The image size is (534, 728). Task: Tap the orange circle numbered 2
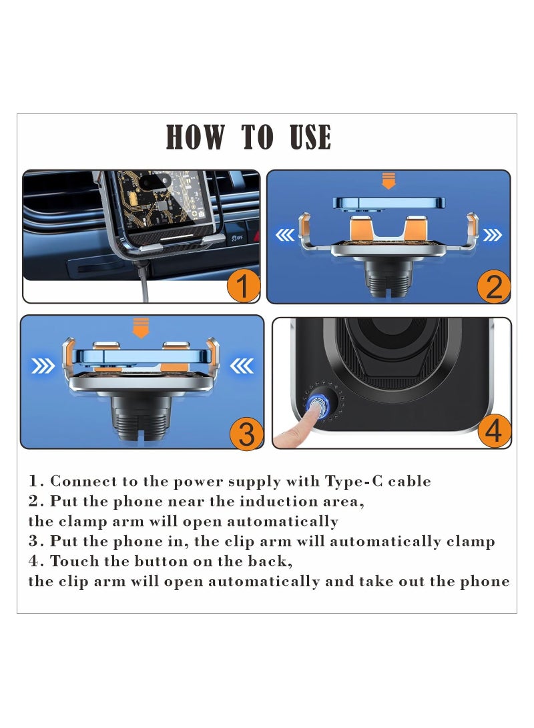[x=493, y=286]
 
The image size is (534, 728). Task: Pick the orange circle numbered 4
[x=493, y=432]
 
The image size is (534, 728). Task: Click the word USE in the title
[x=310, y=137]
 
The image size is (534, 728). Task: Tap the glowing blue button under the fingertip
[x=317, y=404]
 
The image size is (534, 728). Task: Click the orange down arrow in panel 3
[x=140, y=328]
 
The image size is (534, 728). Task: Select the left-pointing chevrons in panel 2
[x=284, y=235]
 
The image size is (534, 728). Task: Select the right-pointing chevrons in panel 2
[x=493, y=235]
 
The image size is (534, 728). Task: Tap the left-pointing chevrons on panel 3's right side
[x=241, y=366]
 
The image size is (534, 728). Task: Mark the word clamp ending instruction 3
[x=470, y=541]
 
